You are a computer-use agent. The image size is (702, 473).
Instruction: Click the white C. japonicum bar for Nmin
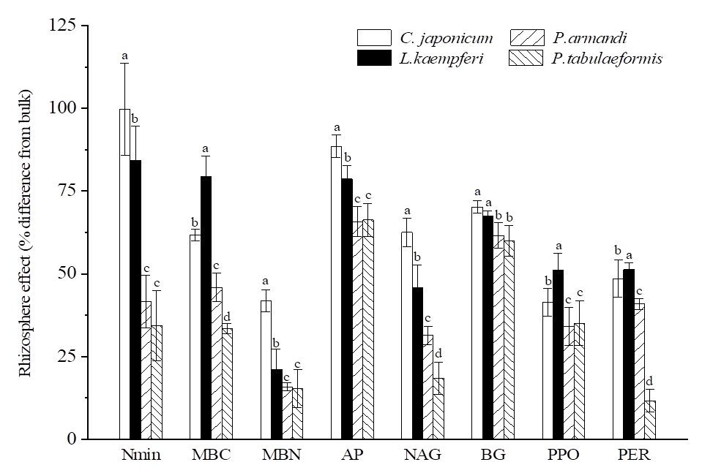[x=124, y=278]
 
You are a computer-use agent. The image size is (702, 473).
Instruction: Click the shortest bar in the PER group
[x=649, y=420]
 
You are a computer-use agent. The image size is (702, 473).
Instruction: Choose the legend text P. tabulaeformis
[x=608, y=58]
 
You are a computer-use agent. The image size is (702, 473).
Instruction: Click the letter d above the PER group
[x=649, y=381]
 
